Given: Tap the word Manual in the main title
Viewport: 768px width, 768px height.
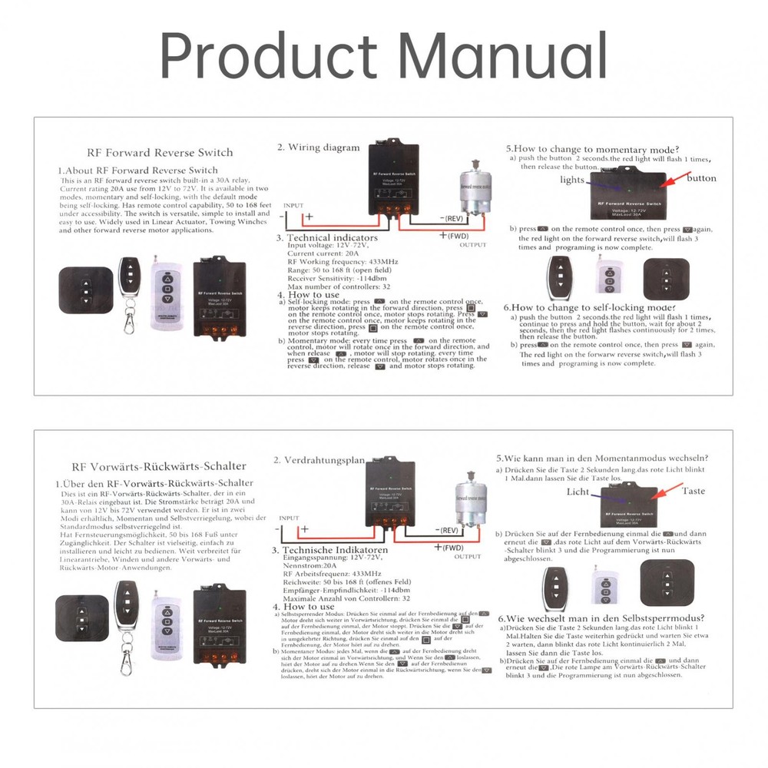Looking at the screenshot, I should (x=504, y=56).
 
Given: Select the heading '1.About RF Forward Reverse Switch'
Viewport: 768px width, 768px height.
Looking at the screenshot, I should (x=138, y=170).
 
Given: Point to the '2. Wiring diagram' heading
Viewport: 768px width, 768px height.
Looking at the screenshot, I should (x=318, y=147).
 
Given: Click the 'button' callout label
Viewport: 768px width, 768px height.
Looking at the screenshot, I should (x=701, y=178).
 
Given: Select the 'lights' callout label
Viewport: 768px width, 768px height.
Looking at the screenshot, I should (x=571, y=180).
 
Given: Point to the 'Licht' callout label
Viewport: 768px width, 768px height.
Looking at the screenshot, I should (x=578, y=492).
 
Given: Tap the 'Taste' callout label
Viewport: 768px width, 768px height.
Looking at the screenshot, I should (x=694, y=491).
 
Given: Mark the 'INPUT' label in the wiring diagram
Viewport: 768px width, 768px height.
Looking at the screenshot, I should (x=293, y=206).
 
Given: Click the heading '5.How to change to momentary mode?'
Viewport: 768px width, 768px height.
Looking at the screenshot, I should (x=591, y=148).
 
